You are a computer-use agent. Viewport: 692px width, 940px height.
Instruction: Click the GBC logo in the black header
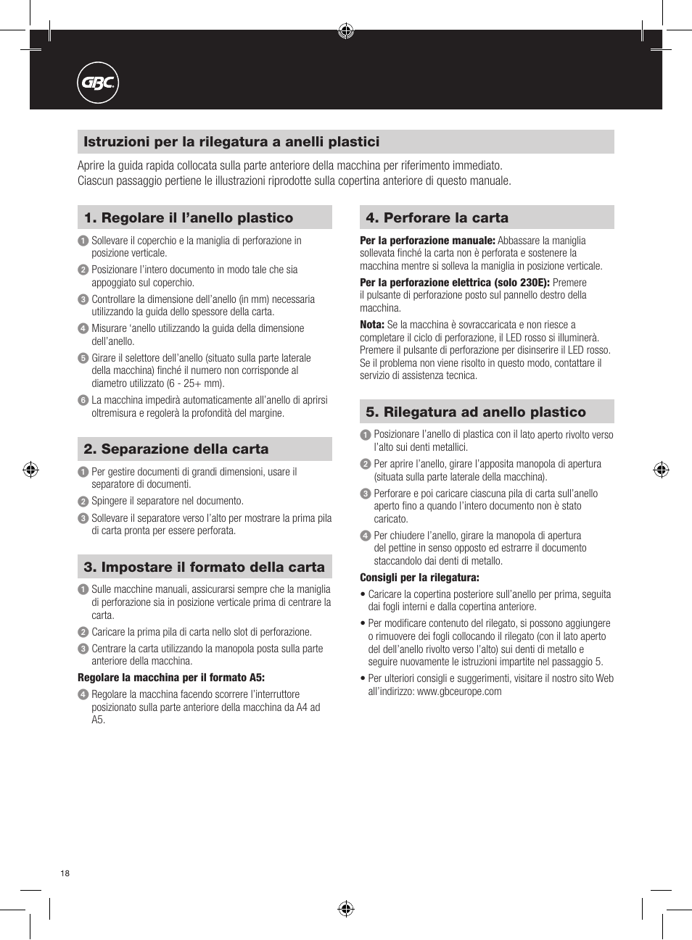tap(98, 83)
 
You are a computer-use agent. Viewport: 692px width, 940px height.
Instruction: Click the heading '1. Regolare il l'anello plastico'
tap(189, 218)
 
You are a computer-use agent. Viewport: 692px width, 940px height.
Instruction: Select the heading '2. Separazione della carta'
tap(176, 449)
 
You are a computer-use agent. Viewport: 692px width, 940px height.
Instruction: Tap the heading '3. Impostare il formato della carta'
tap(205, 567)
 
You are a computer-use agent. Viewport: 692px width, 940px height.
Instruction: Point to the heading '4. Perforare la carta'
tap(437, 218)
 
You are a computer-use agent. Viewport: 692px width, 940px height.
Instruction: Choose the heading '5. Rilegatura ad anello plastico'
tap(476, 412)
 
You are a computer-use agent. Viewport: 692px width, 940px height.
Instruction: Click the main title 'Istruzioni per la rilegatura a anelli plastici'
tap(231, 142)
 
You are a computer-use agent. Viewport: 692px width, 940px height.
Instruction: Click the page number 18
tap(65, 873)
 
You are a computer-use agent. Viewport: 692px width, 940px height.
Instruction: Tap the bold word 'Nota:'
tap(372, 325)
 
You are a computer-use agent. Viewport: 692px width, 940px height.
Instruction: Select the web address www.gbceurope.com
tap(459, 691)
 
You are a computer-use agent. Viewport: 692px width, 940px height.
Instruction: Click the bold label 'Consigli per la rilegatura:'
tap(419, 578)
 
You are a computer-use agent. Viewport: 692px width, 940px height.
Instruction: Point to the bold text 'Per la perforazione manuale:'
tap(427, 241)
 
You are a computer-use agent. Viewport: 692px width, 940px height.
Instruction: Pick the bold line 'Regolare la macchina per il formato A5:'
tap(171, 678)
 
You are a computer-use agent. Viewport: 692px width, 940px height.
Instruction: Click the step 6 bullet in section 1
tap(83, 400)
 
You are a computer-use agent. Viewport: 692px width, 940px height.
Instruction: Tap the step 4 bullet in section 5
tap(366, 536)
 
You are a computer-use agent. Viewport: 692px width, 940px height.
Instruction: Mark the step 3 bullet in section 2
tap(83, 518)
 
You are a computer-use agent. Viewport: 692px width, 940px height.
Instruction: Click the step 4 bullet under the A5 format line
tap(83, 694)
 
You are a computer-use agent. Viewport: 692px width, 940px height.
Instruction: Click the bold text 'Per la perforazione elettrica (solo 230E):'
tap(455, 283)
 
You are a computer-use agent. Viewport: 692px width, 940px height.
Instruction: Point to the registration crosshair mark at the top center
tap(346, 30)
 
